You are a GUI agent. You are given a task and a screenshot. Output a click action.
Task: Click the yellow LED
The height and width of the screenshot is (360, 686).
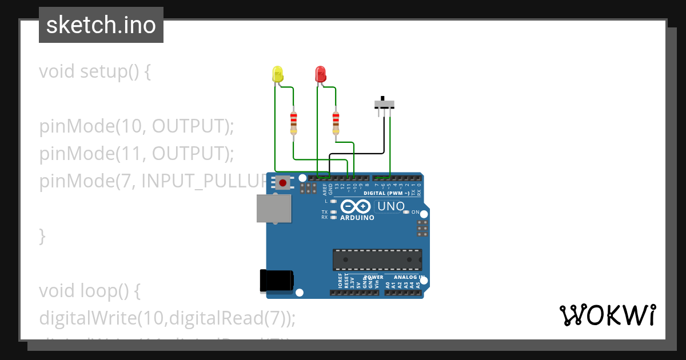coord(278,74)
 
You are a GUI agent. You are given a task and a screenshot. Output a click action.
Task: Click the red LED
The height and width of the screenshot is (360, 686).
coord(320,74)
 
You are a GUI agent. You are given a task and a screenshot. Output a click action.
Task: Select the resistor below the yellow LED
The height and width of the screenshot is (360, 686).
coord(293,123)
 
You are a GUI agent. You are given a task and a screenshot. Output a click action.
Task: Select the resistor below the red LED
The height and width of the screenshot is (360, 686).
coord(336,123)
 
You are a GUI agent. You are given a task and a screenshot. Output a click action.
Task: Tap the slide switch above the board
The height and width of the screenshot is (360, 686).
coord(384,104)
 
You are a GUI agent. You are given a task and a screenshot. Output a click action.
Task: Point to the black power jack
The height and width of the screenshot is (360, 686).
coord(276,280)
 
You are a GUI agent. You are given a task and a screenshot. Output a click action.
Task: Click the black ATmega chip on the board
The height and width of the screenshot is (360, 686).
coord(377,259)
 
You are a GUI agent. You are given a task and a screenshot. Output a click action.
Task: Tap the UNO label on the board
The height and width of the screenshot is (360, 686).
coord(392,206)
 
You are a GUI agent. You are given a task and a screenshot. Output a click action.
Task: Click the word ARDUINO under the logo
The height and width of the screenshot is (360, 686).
coord(357,218)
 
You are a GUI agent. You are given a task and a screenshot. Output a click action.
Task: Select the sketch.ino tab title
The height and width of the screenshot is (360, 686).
coord(101,25)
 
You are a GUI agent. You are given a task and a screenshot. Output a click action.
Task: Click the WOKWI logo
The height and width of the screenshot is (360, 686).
coord(608,315)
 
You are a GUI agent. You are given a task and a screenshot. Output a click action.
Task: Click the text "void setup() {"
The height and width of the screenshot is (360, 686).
coord(95,72)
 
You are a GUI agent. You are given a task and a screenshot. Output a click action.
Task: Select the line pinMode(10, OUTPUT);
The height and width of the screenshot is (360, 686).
coord(137,126)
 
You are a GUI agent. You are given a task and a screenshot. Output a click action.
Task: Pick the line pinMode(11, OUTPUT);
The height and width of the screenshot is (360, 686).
coord(137,154)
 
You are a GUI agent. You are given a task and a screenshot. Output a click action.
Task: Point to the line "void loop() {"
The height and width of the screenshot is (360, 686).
coord(90,291)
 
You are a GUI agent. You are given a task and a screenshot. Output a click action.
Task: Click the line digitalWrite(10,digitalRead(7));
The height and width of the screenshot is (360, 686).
coord(167,318)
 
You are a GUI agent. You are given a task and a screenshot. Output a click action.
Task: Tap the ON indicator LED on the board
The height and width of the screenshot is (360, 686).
coord(406,212)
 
